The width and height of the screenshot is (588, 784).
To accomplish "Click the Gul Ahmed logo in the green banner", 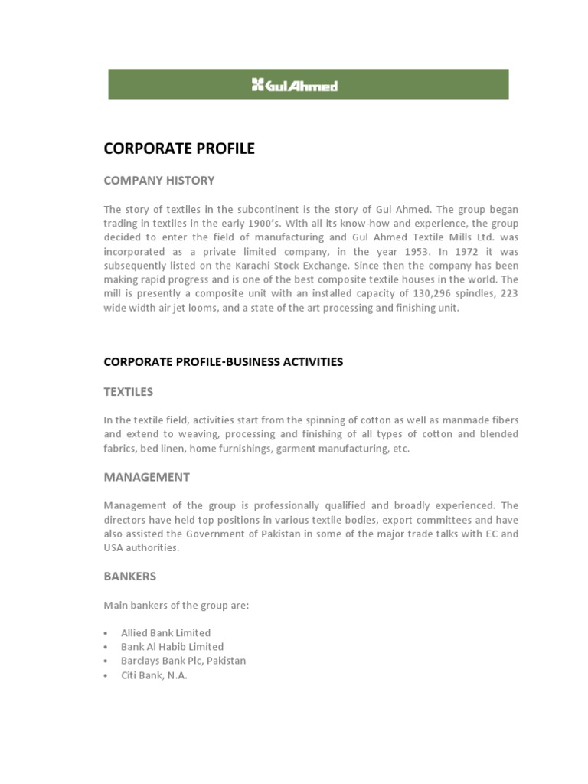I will pos(295,85).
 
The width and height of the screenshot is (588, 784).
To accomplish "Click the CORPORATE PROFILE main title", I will pos(179,149).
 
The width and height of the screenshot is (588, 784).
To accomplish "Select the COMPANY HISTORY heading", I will pos(159,181).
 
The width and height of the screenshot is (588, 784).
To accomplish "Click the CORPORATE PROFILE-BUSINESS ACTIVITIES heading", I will pos(224,361).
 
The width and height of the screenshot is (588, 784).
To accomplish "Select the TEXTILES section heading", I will pos(129,392).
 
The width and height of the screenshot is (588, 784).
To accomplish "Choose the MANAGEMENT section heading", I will pos(147,477).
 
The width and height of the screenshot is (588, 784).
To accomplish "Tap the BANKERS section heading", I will pos(130,576).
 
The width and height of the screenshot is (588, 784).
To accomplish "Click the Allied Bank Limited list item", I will pos(165,633).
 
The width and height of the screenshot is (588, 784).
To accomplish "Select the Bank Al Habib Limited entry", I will pos(172,647).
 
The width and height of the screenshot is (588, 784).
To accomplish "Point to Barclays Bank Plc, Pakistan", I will pos(183,661).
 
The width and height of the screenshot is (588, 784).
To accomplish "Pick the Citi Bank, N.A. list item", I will pos(154,675).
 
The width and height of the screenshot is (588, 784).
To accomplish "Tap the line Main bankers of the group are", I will pos(177,606).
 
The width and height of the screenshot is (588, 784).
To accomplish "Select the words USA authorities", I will pos(142,547).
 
